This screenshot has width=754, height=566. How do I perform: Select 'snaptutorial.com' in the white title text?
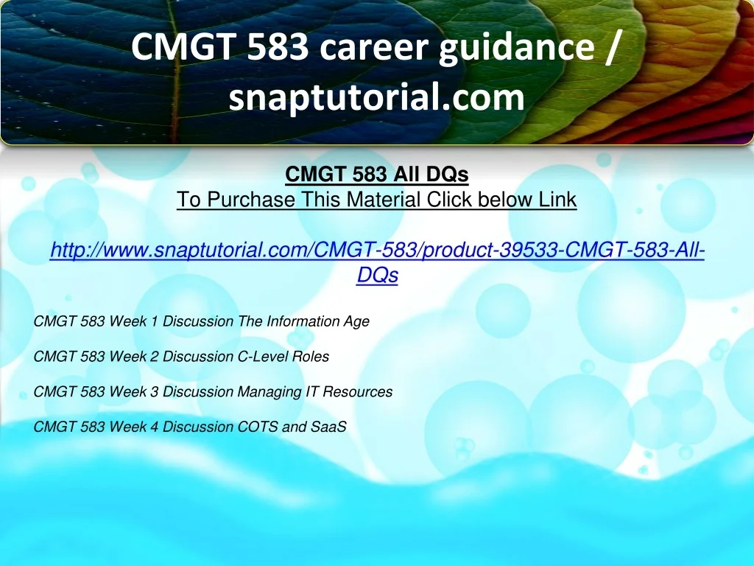click(376, 97)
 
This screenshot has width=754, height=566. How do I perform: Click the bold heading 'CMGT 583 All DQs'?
click(376, 174)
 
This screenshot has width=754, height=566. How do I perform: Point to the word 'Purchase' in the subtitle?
click(251, 199)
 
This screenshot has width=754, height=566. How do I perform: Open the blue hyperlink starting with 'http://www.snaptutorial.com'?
click(377, 262)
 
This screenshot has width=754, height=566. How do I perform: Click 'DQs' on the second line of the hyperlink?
click(378, 275)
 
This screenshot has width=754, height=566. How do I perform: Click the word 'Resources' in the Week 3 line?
click(357, 391)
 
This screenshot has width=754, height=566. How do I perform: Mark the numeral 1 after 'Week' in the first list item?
click(154, 321)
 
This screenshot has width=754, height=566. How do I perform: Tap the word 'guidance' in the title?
click(516, 48)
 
